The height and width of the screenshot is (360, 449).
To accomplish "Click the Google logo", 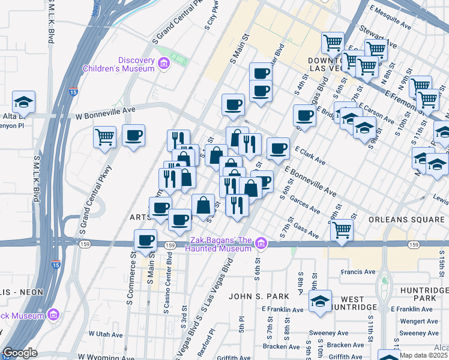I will pyautogui.click(x=20, y=353).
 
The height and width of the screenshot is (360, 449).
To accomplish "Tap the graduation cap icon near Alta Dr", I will pyautogui.click(x=23, y=102).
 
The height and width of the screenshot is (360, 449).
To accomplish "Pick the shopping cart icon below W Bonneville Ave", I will pyautogui.click(x=105, y=137).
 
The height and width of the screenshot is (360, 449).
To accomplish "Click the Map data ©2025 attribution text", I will pyautogui.click(x=423, y=355).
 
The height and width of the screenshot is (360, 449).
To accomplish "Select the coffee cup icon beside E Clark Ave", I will pyautogui.click(x=277, y=149).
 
